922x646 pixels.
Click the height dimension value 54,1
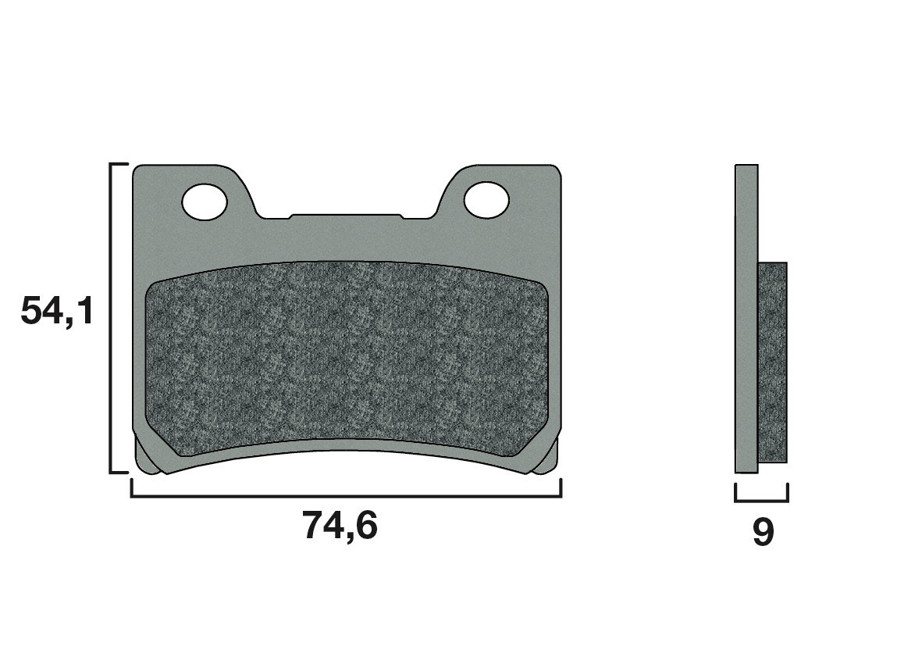tap(56, 312)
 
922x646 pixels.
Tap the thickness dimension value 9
tap(763, 533)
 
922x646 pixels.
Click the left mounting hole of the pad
tap(205, 201)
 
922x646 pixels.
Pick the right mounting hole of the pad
tap(486, 201)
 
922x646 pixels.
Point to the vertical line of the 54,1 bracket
tap(111, 318)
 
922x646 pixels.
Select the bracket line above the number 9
tap(761, 501)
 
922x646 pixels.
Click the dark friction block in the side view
tap(773, 362)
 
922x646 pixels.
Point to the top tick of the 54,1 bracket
tap(119, 165)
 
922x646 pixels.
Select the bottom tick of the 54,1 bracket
tap(119, 472)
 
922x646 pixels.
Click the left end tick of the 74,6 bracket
tap(131, 487)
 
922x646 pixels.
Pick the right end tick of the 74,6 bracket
tap(561, 487)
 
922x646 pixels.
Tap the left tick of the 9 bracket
tap(736, 492)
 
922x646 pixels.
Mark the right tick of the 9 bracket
tap(787, 492)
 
